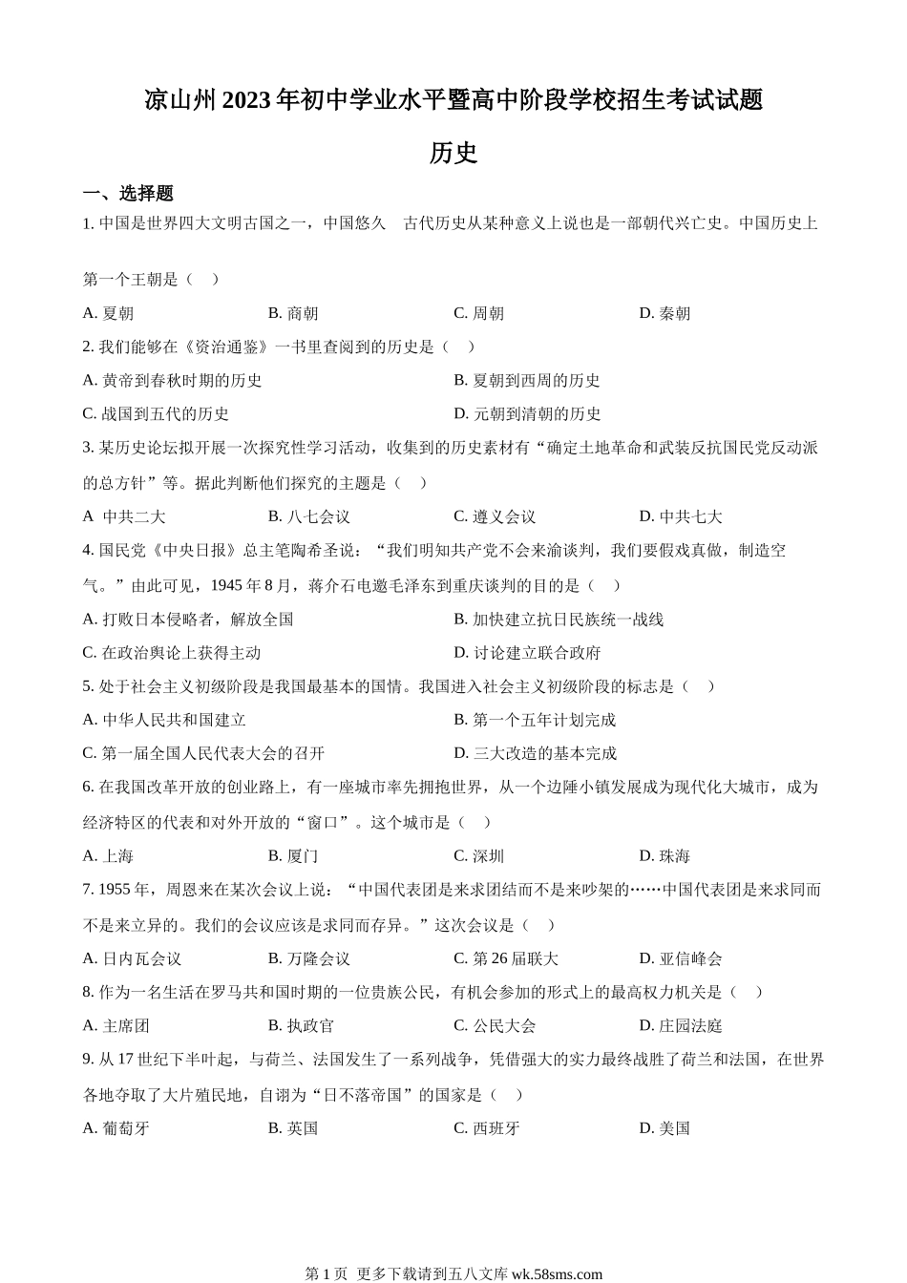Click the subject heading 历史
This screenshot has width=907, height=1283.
[453, 153]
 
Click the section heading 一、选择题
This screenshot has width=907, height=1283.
[128, 194]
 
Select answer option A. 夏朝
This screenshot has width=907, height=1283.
[109, 313]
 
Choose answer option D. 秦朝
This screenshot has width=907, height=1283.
[664, 313]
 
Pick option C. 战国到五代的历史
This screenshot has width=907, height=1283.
[157, 413]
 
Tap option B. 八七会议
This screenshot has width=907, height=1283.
[309, 516]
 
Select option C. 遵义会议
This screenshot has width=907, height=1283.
[495, 516]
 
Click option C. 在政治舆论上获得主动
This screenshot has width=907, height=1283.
[172, 653]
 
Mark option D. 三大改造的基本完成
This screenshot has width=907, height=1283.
[535, 753]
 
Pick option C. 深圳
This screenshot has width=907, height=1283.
[479, 856]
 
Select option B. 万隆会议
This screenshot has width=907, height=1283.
[309, 958]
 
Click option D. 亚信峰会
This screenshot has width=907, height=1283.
[681, 958]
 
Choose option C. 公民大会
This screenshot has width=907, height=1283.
[495, 1026]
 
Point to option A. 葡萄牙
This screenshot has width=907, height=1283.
[116, 1128]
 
